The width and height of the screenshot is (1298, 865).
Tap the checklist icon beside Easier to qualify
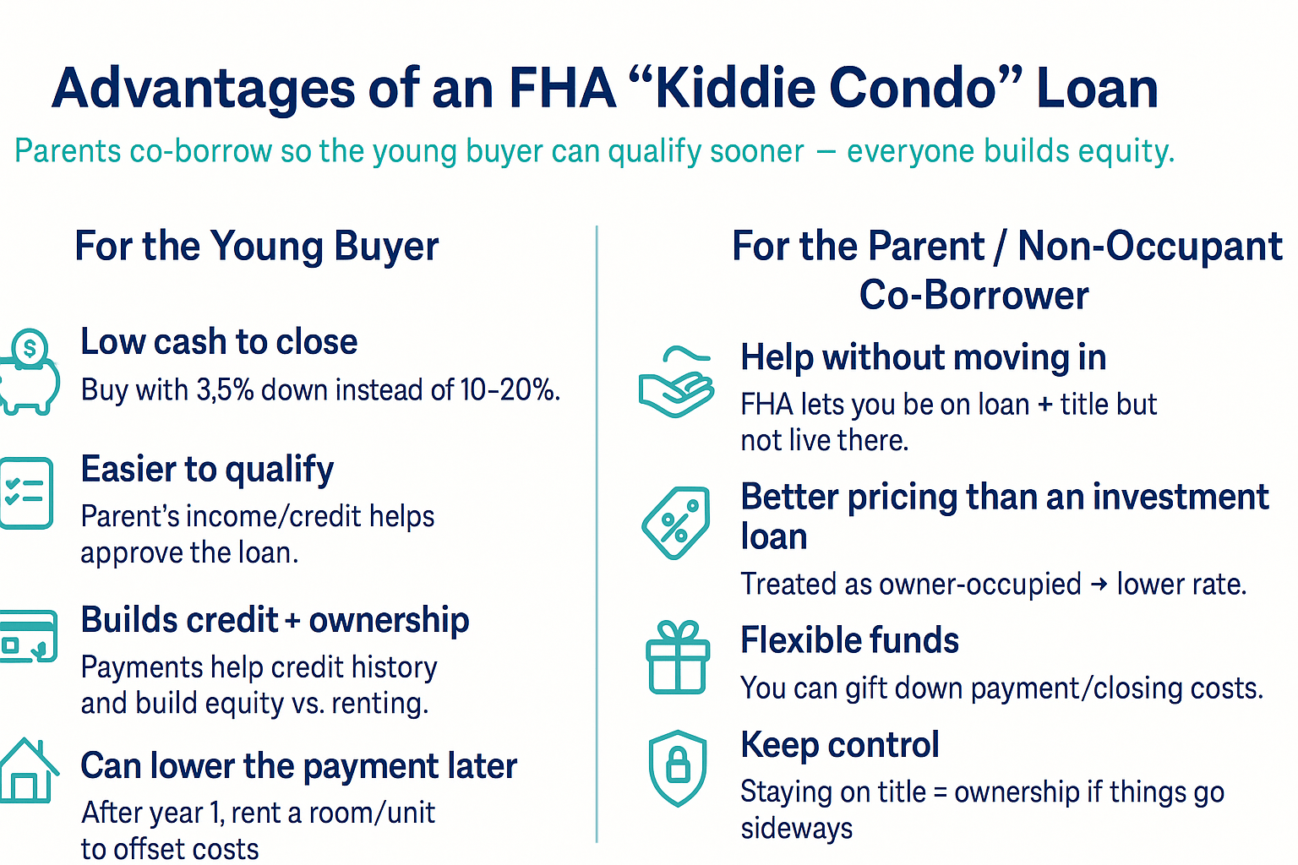[26, 493]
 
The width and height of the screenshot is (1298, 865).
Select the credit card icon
[29, 636]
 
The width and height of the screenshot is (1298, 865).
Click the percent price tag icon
[676, 523]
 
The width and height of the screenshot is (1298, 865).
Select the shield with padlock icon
[678, 768]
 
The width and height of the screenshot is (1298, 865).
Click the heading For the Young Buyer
[256, 247]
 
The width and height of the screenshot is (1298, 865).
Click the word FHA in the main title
[562, 89]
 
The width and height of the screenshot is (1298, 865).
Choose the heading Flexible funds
[849, 640]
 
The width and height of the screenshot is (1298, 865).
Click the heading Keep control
[839, 745]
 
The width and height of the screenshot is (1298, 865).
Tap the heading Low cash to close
[219, 342]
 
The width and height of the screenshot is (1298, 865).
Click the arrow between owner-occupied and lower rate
[1099, 585]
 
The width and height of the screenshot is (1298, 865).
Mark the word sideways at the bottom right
[796, 829]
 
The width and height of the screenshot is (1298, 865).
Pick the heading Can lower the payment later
[298, 766]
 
